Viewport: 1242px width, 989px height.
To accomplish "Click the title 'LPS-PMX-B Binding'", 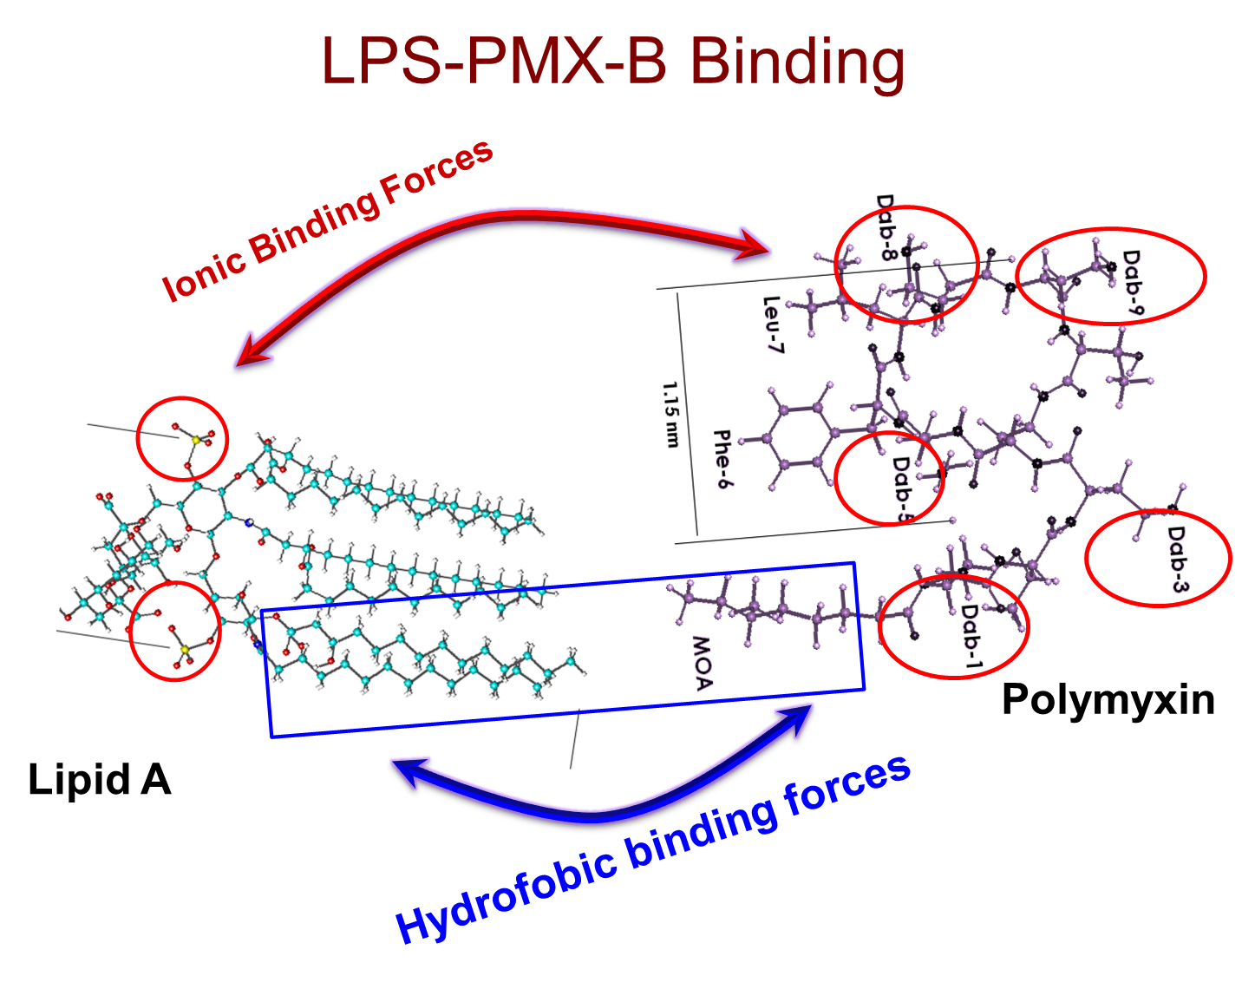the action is coord(613,62).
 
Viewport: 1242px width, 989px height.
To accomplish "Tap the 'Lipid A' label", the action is coord(100,779).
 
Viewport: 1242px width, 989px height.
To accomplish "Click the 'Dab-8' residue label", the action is coord(885,227).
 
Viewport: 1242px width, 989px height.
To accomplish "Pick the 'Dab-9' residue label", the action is coord(1133,282).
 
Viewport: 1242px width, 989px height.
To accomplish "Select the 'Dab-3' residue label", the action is coord(1177,559).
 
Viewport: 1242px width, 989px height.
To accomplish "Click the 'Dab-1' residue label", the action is coord(971,639).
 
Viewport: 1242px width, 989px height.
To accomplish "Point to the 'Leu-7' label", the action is coord(772,324).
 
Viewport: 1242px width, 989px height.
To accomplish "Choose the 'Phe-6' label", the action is coord(722,459).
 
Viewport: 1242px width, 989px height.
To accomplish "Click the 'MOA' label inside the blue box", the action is coord(703,664).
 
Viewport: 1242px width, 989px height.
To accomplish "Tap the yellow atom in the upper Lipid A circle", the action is coord(196,441).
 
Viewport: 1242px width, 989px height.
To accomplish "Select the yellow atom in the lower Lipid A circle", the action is coord(185,650).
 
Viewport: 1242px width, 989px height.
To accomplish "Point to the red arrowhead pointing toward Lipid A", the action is coord(252,351).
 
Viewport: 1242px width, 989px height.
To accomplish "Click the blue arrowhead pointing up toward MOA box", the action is coord(796,719).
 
